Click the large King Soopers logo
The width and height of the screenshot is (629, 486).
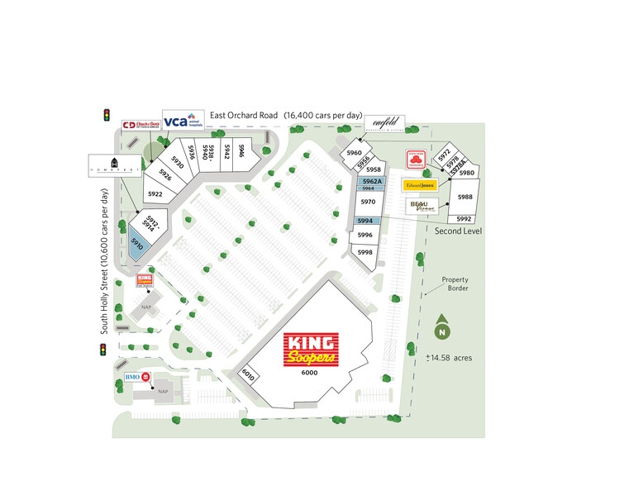tap(311, 350)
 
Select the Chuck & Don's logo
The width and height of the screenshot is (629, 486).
tap(141, 126)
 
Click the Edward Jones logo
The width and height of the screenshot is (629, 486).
tap(419, 185)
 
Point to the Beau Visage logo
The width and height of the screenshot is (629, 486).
tap(422, 206)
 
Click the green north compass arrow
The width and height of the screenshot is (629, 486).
tap(442, 328)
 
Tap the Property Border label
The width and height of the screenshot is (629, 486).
tap(455, 284)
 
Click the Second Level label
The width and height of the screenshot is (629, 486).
tap(459, 231)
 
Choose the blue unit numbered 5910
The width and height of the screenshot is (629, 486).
tap(136, 244)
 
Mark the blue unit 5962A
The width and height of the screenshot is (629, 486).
tap(372, 181)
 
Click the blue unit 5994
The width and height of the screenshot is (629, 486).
tap(365, 221)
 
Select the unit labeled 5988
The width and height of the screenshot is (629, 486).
tap(465, 197)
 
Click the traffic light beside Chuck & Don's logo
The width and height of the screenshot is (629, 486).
tap(107, 115)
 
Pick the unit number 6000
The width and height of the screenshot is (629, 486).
tap(309, 373)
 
